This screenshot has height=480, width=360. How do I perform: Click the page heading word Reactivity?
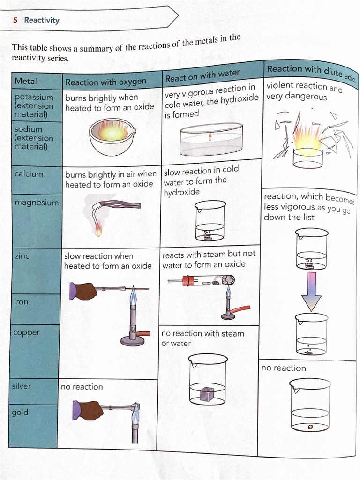[42, 20]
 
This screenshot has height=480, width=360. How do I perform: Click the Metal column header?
[26, 81]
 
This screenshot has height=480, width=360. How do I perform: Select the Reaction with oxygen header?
[105, 82]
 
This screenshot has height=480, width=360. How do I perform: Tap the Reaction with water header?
[202, 75]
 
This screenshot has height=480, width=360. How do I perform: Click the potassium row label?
[34, 97]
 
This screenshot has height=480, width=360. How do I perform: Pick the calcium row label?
[29, 174]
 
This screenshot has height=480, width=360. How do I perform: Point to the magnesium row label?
[37, 202]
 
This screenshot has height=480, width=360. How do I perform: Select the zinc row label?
[22, 256]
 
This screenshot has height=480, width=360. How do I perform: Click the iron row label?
[21, 302]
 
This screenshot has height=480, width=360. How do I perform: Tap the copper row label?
[27, 332]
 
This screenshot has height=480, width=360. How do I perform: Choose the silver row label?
[22, 386]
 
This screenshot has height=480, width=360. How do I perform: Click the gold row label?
[20, 412]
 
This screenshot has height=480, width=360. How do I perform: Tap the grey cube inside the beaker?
[207, 394]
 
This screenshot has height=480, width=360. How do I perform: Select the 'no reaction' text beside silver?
[82, 387]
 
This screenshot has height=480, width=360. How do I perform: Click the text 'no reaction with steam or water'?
[202, 338]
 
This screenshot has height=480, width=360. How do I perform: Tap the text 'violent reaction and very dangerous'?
[304, 91]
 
